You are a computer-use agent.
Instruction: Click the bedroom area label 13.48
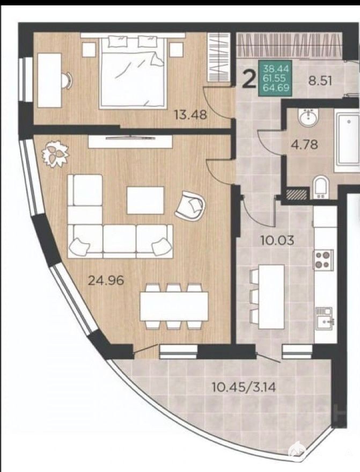pos(190,115)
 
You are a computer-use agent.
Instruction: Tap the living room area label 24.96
pos(106,280)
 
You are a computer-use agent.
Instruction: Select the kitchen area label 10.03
pos(277,240)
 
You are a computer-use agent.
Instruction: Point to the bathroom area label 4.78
pos(304,144)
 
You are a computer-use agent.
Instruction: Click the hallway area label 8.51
pos(321,81)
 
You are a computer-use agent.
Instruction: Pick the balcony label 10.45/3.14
pos(244,387)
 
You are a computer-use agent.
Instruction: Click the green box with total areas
pos(275,78)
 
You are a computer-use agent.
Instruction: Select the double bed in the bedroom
pos(132,71)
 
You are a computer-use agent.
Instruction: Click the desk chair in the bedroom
pos(67,80)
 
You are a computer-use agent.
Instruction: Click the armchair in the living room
pos(190,206)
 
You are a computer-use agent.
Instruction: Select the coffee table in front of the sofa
pos(145,200)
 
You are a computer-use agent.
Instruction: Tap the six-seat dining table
pos(174,306)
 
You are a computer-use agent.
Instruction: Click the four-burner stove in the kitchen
pos(324,259)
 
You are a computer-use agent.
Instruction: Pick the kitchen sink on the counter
pos(324,319)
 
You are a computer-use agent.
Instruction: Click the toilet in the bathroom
pos(320,188)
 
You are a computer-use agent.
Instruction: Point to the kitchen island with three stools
pos(267,297)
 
